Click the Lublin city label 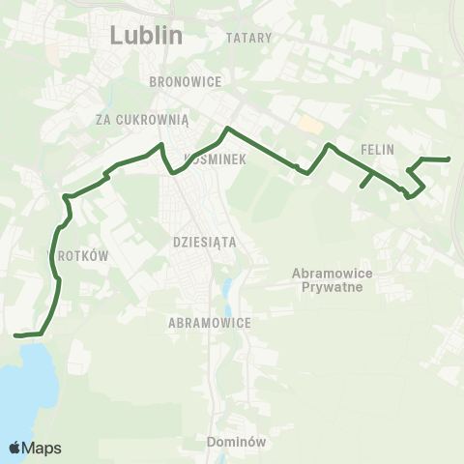click(146, 36)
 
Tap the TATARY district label click(248, 38)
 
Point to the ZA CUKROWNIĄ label click(142, 118)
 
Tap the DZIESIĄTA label click(203, 243)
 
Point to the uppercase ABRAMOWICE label click(209, 323)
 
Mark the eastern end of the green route click(449, 159)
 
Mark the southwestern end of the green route click(15, 335)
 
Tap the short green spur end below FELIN click(362, 186)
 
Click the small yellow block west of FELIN click(308, 125)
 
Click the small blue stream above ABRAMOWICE click(227, 290)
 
